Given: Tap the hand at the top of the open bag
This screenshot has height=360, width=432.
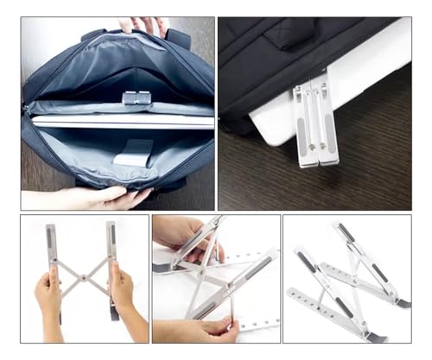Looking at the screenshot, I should pyautogui.click(x=146, y=25).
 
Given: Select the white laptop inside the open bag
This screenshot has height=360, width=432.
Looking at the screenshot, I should pyautogui.click(x=121, y=122).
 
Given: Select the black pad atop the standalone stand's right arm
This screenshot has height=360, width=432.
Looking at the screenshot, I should pyautogui.click(x=345, y=231).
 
